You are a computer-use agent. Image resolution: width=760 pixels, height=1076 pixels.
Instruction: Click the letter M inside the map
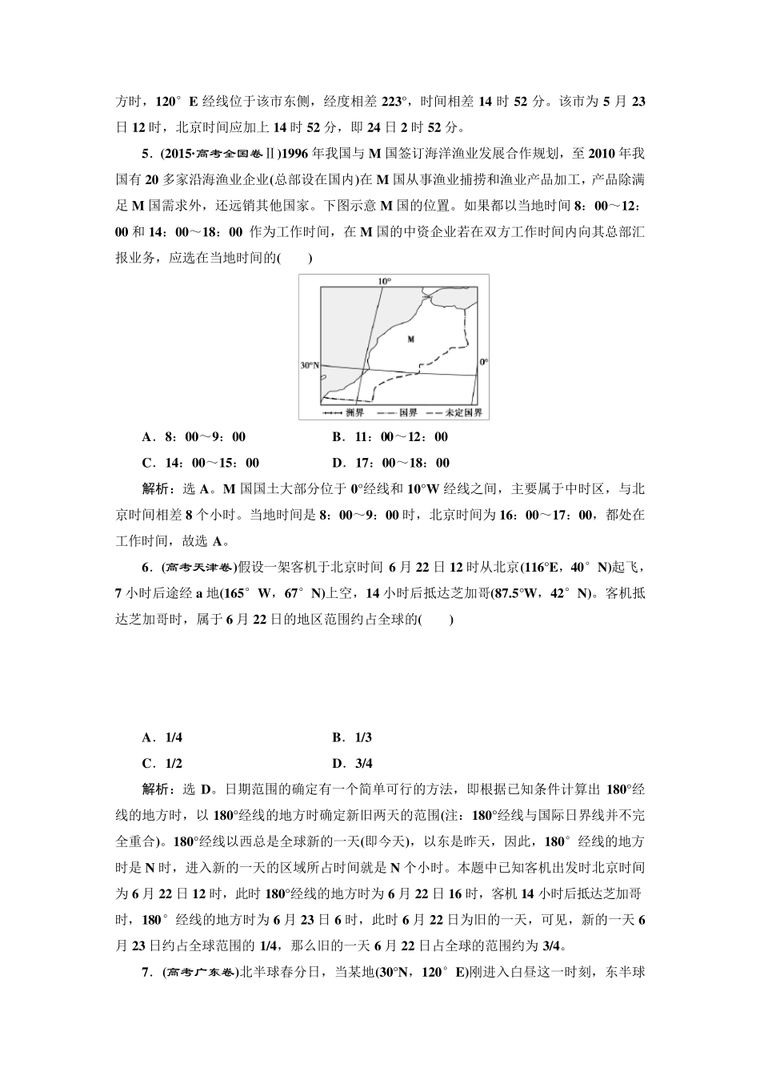pos(410,339)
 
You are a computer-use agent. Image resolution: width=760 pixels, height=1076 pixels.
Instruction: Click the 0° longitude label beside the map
pos(483,362)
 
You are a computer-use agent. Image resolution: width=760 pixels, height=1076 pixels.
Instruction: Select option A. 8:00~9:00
pos(194,437)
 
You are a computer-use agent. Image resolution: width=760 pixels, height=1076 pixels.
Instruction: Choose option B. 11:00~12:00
pos(390,437)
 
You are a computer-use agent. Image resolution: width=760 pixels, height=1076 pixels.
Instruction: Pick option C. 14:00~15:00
pos(200,463)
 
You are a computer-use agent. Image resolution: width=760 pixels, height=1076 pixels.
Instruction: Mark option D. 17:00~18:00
pos(390,463)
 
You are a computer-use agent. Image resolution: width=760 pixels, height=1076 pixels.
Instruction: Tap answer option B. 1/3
pos(352,737)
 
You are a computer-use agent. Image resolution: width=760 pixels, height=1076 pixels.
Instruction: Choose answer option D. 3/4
pos(352,763)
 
